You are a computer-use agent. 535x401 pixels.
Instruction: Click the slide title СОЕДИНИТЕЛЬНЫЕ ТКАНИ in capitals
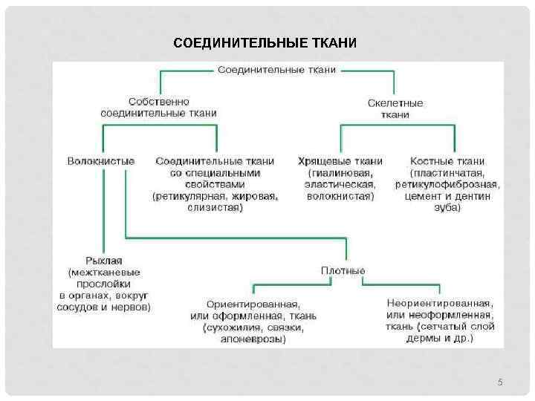click(265, 42)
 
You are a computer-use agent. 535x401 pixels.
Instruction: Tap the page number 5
click(500, 382)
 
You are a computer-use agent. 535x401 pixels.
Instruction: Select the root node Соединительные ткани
click(276, 69)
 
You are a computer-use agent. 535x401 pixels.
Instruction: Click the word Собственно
click(158, 101)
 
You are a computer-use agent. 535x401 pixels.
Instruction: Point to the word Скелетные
click(395, 103)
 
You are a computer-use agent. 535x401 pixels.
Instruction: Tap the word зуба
click(447, 208)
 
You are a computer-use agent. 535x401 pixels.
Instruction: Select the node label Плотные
click(343, 270)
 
